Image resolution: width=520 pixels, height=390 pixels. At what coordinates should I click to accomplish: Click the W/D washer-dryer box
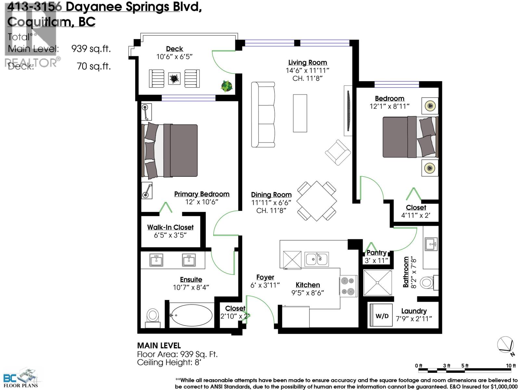point(382,316)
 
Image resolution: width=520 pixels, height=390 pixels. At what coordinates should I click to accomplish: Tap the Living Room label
point(307,62)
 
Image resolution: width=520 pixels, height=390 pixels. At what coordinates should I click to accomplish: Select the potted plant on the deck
point(227,86)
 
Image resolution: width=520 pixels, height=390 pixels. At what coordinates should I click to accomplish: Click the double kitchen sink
point(317,259)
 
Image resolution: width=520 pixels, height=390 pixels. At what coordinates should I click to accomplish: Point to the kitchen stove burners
point(348,286)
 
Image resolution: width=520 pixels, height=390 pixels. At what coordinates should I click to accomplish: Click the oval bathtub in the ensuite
point(191,316)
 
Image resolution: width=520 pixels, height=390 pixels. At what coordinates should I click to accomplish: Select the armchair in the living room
point(338,152)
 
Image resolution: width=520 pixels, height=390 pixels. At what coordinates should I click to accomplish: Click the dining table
point(317,201)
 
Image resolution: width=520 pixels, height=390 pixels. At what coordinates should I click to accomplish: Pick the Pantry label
point(376,253)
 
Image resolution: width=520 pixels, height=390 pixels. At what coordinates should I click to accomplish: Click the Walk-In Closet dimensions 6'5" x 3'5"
point(170,235)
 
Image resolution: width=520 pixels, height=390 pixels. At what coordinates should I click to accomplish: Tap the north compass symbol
point(506,345)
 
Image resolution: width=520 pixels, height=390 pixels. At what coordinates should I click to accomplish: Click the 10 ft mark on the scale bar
point(511,366)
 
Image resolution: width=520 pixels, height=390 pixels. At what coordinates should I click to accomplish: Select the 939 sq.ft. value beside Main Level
point(91,49)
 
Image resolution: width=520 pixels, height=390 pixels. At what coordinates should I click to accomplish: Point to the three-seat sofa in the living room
point(263,115)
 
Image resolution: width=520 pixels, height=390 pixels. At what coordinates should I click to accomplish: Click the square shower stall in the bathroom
point(378,283)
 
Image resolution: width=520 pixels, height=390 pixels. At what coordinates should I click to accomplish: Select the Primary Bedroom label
point(201,194)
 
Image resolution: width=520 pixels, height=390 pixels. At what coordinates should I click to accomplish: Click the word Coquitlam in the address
point(39,22)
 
